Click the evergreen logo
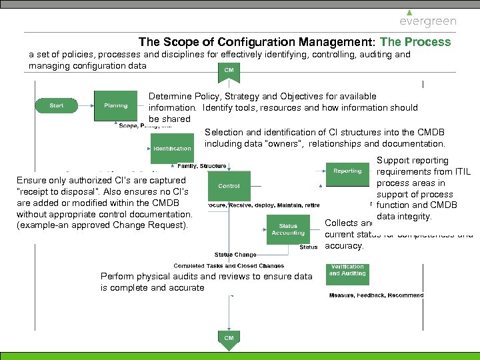(428, 19)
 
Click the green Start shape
(57, 105)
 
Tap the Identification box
(172, 149)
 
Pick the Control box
(229, 186)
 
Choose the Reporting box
(347, 171)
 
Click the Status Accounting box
(288, 230)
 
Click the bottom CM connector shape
(229, 339)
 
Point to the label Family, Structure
(202, 165)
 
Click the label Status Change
(235, 254)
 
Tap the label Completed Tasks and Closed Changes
(229, 266)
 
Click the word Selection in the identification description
(223, 132)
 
